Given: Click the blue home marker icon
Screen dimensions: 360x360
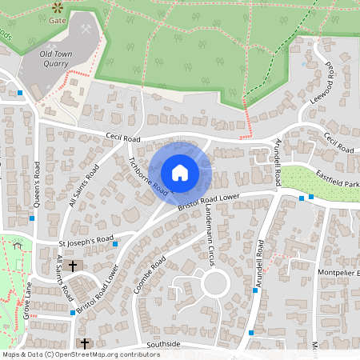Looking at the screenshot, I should pyautogui.click(x=180, y=172).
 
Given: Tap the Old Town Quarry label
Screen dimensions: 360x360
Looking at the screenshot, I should pyautogui.click(x=55, y=59).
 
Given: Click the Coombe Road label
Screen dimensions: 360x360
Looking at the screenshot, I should pyautogui.click(x=150, y=274).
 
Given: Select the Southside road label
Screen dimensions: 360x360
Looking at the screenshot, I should pyautogui.click(x=163, y=345).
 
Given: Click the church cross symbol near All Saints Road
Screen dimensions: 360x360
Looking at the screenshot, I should pyautogui.click(x=73, y=265).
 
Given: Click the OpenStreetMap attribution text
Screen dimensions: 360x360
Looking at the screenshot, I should pyautogui.click(x=81, y=354).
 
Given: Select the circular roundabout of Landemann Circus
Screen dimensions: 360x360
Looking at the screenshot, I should pyautogui.click(x=214, y=282).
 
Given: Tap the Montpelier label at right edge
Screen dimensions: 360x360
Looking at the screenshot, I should pyautogui.click(x=341, y=274).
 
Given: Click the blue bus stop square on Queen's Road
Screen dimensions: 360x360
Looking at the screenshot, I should pyautogui.click(x=32, y=218).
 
